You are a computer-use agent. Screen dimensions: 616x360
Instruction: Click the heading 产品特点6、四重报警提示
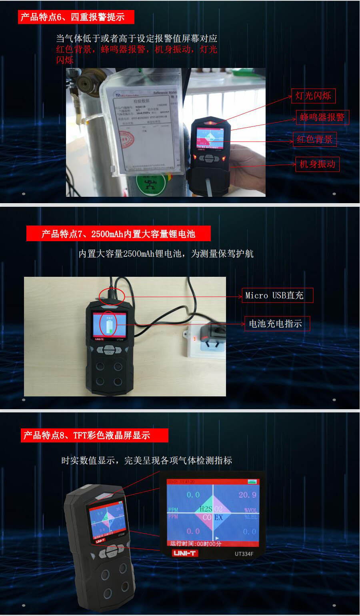point(76,17)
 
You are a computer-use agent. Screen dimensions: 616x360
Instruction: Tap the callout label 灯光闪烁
point(313,96)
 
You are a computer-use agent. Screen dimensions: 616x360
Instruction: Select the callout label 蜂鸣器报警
point(322,117)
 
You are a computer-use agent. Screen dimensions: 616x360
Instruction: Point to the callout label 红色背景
point(314,139)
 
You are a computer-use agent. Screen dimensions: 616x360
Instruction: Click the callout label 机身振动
point(317,164)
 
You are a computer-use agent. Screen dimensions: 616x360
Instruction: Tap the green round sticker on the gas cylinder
point(150,184)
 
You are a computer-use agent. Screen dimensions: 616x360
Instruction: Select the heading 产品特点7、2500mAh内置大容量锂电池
point(118,234)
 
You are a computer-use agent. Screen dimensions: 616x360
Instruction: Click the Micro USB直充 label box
point(277,296)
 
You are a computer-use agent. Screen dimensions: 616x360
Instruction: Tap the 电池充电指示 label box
point(277,324)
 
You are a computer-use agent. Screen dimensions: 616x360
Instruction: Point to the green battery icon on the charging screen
point(109,324)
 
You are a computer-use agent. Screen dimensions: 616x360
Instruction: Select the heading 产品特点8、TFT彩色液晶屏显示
point(94,435)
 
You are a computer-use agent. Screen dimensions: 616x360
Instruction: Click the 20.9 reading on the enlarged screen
point(247,495)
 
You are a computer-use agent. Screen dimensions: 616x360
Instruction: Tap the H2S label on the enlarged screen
point(206,509)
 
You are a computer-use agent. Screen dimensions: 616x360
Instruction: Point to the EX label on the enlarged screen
point(218,518)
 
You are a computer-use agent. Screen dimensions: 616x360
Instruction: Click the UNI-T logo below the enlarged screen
point(184,553)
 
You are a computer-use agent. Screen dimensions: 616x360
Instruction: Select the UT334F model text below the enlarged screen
point(244,554)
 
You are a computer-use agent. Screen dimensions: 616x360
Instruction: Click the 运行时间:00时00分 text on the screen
point(196,544)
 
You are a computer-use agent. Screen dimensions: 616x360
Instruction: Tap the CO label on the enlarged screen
point(207,518)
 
